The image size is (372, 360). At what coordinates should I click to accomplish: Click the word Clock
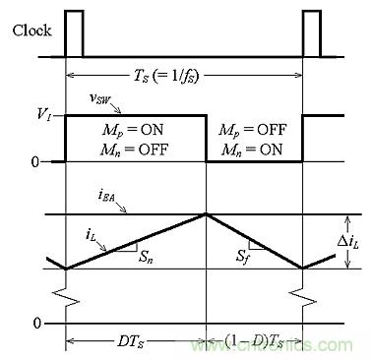[x=31, y=30]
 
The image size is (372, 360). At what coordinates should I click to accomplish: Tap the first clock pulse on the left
[x=74, y=33]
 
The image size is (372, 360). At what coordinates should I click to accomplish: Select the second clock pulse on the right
[x=312, y=33]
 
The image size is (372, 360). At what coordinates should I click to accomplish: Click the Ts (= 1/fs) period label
[x=166, y=77]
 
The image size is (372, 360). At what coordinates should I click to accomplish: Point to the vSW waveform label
[x=100, y=98]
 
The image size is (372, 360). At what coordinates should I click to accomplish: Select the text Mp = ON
[x=132, y=131]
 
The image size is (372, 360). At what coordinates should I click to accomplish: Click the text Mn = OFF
[x=135, y=150]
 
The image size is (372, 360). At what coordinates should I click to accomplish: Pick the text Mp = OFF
[x=252, y=130]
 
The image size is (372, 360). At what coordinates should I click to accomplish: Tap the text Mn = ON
[x=252, y=150]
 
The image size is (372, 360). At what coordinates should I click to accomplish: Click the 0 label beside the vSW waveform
[x=35, y=162]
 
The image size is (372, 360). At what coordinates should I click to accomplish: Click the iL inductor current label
[x=92, y=234]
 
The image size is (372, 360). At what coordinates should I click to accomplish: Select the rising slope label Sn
[x=146, y=257]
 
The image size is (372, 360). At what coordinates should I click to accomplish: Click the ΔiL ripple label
[x=348, y=242]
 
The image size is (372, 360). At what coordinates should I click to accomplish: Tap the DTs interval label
[x=131, y=341]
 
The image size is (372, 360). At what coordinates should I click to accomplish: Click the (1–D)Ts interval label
[x=254, y=341]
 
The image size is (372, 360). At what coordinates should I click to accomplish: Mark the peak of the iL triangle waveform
[x=206, y=213]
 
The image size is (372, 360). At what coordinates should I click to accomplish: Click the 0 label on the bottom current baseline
[x=37, y=324]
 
